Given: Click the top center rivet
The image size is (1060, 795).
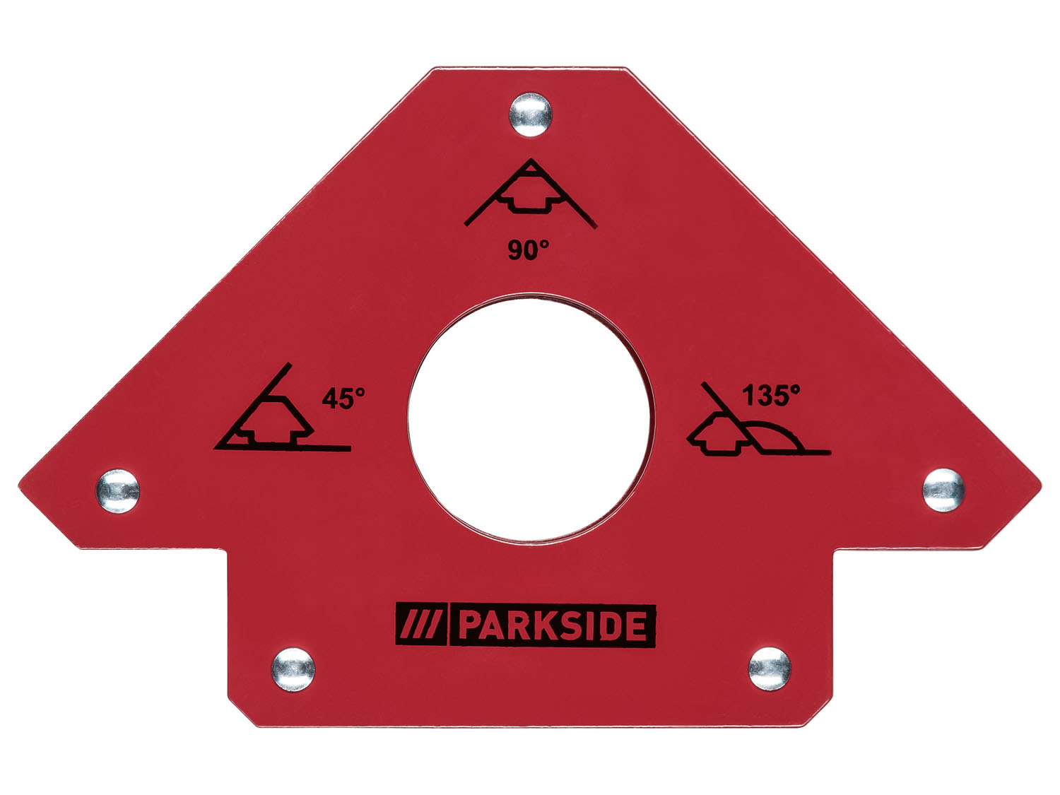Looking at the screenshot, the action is click(x=530, y=114).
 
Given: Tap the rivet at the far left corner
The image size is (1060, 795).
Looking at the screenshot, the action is click(x=117, y=491).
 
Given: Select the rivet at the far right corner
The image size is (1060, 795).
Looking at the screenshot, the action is click(x=943, y=490).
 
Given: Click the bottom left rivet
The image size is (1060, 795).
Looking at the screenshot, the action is click(x=293, y=670).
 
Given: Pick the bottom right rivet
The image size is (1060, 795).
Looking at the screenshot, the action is click(x=770, y=669).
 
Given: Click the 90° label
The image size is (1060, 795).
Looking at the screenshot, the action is click(x=528, y=250).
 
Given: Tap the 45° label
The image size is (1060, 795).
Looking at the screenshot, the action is click(x=343, y=399).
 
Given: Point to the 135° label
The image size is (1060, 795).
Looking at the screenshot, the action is click(x=771, y=395).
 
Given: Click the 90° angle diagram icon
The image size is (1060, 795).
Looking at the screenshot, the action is click(x=530, y=192).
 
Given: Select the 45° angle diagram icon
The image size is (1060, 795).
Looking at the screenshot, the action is click(x=282, y=407).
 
